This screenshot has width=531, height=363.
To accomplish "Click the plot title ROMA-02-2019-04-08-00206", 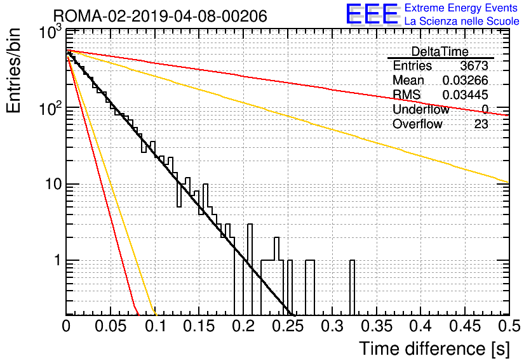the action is (160, 16).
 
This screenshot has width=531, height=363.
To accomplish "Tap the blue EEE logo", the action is (372, 14).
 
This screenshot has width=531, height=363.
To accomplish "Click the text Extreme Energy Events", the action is (461, 8).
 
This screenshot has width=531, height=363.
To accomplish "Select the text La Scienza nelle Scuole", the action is (462, 21).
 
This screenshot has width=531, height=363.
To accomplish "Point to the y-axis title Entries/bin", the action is (13, 70).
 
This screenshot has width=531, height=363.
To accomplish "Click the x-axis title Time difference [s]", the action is (434, 349).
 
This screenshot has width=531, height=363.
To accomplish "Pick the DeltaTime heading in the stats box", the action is (440, 51).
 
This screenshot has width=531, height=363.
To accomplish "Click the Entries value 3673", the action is (474, 65).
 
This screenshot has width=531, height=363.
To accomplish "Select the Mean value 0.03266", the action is (466, 80).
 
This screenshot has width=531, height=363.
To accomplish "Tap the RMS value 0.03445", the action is (466, 95).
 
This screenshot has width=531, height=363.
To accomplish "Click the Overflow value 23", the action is (481, 124).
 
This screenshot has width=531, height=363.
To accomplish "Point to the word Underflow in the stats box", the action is (421, 109).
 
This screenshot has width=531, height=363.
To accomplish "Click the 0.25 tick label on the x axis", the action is (288, 326).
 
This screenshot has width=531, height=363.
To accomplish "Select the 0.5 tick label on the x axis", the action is (509, 326).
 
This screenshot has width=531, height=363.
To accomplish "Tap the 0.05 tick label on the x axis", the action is (111, 326).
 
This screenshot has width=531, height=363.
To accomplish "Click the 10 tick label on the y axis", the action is (53, 185).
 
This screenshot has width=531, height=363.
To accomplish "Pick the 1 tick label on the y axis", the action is (57, 260).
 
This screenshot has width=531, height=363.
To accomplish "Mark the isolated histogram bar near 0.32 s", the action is (352, 287).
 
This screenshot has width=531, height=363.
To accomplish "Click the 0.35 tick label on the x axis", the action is (377, 326).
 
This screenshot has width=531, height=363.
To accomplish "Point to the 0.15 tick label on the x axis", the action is (199, 326).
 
